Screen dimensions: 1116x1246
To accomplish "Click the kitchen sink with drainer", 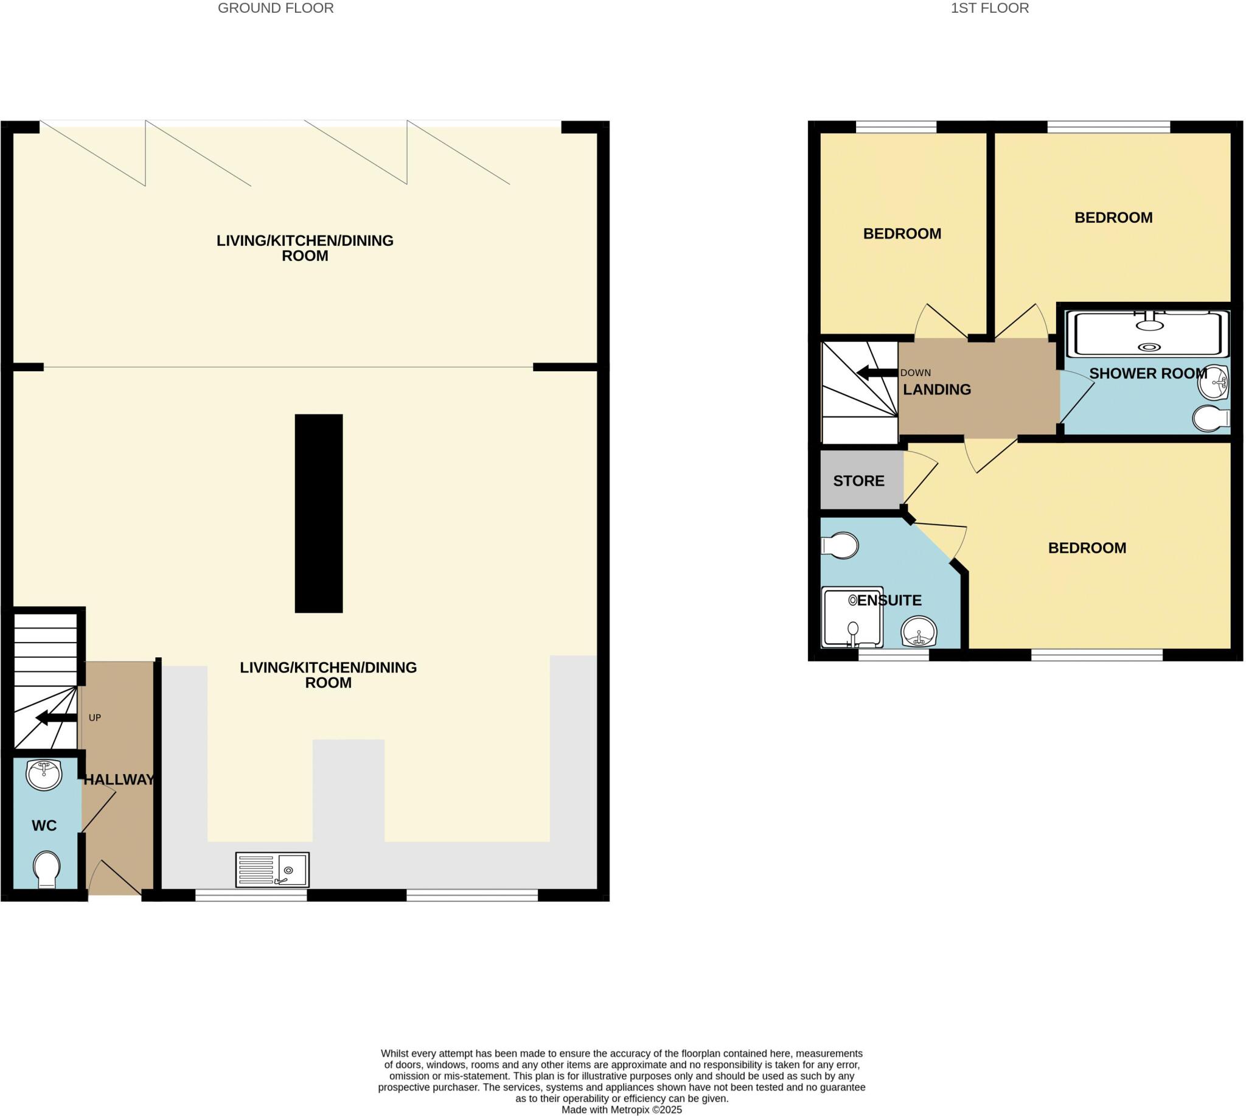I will coord(272,870).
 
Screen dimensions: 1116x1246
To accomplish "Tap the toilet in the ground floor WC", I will coord(47,870).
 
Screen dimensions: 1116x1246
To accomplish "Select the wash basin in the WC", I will coord(44,775).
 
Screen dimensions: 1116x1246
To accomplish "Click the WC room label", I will coord(44,826).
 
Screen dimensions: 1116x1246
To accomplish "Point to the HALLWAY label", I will coord(119,780).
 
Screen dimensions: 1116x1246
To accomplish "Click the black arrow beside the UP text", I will coord(56,717).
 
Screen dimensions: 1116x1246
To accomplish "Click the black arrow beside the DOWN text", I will coord(876,373).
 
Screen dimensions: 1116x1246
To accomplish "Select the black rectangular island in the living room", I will coord(318,513).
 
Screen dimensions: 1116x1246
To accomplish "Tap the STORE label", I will coord(858,481).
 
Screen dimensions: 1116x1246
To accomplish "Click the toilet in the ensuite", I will coord(840,545).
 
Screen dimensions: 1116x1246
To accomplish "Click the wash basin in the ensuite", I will coord(919,632).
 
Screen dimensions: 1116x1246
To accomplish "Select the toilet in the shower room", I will coord(1211,419).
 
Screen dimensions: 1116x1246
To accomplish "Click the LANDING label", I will coord(937,390).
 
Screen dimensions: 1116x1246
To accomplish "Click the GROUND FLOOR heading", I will coord(276,9).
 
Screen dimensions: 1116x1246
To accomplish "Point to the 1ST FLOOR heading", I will coord(990,9).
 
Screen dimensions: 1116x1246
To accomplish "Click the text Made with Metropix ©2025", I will coord(622,1110).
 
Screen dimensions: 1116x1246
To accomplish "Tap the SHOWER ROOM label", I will coord(1148,374).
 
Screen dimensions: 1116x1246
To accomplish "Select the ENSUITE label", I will coord(889,601).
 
